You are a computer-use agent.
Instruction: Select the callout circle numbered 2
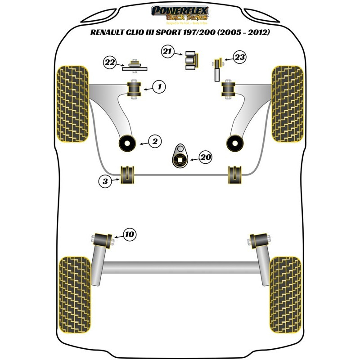[x=155, y=142]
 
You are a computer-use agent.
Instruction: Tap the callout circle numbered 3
[x=104, y=181]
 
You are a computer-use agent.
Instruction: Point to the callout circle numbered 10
[x=129, y=234]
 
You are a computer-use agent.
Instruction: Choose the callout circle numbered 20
[x=205, y=157]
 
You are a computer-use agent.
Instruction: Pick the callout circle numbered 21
[x=168, y=53]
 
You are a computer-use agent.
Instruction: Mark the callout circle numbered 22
[x=110, y=63]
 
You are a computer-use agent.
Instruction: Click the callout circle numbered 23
[x=240, y=57]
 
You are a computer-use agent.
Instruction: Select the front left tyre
[x=72, y=103]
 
